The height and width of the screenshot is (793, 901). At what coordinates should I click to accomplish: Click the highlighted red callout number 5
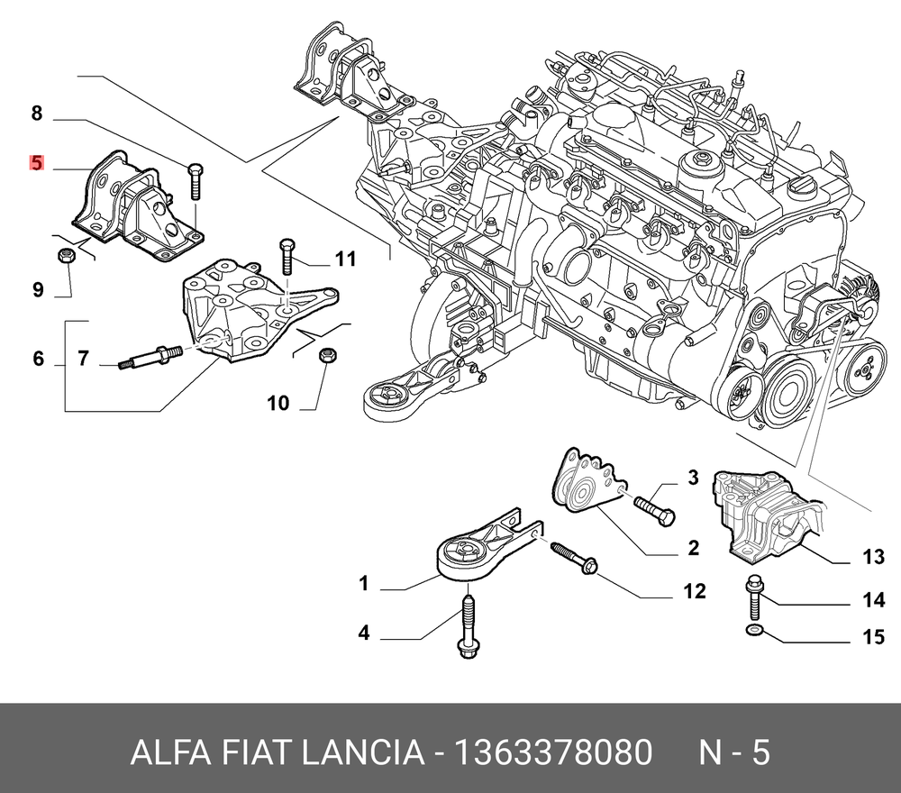(36, 163)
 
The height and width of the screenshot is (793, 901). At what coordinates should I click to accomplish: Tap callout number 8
(36, 114)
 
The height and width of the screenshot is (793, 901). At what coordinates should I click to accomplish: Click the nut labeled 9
(66, 256)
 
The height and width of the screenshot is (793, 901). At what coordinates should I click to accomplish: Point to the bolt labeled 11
(287, 257)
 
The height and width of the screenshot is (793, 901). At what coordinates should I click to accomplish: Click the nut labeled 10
(328, 354)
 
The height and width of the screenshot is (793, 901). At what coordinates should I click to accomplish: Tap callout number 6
(38, 359)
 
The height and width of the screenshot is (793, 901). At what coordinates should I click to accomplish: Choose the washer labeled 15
(754, 628)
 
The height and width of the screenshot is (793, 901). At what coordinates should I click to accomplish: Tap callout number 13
(873, 558)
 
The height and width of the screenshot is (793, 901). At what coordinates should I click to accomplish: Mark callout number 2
(694, 547)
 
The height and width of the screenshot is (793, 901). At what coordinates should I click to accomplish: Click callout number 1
(364, 584)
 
